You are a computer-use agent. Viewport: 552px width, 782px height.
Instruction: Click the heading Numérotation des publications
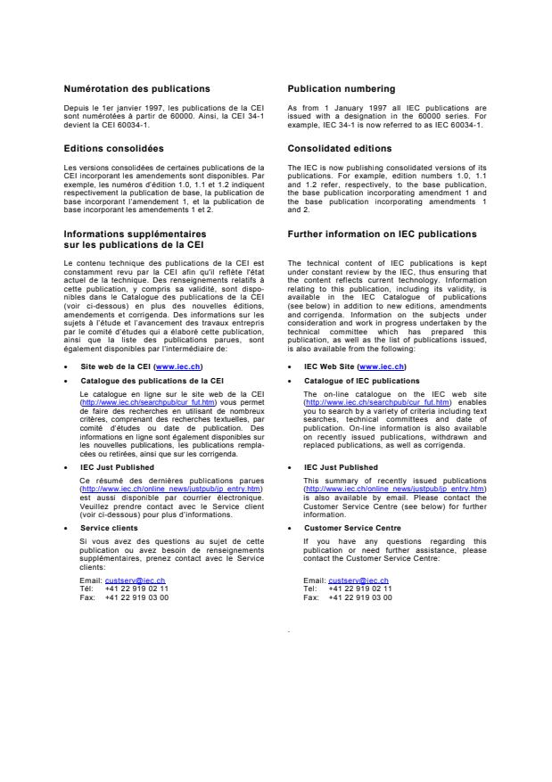click(x=137, y=89)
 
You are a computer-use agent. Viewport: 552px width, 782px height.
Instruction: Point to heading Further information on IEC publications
click(x=383, y=235)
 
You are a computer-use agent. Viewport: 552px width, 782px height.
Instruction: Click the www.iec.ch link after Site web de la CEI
click(x=178, y=366)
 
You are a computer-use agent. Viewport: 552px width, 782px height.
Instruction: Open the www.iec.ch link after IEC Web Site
click(x=382, y=366)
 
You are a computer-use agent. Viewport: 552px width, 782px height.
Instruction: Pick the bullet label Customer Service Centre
click(x=347, y=528)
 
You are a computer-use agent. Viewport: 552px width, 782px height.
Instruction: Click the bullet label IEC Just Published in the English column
click(x=342, y=466)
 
